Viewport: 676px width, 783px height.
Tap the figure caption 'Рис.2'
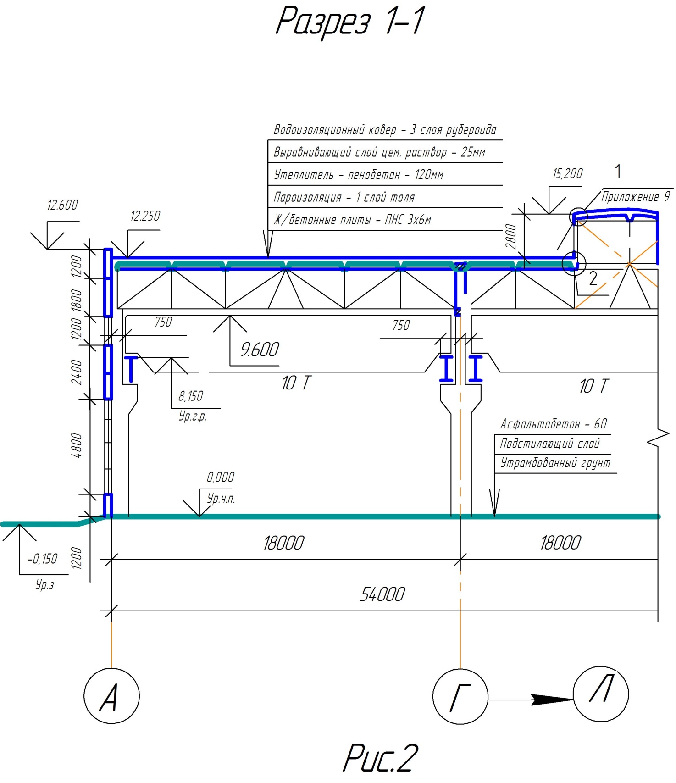[x=380, y=758]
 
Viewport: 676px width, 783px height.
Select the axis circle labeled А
[x=111, y=696]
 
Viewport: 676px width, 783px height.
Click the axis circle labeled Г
[x=460, y=696]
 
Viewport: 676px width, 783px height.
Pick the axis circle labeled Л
[x=601, y=694]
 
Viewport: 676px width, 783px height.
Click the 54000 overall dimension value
[x=382, y=594]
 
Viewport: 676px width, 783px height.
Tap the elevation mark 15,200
[x=567, y=174]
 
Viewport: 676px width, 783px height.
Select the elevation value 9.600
[x=260, y=350]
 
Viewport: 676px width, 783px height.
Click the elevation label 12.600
[x=62, y=205]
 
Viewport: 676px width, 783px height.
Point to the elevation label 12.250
[x=145, y=216]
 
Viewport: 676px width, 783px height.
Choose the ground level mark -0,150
[x=43, y=559]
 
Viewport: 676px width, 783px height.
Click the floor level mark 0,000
[x=221, y=478]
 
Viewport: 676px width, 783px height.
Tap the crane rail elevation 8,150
[x=191, y=396]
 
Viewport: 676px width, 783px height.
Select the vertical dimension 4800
[x=77, y=445]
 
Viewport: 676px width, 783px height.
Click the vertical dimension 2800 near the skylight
[x=511, y=237]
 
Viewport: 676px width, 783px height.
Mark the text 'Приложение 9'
[x=636, y=197]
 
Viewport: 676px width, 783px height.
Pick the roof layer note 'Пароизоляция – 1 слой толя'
[x=344, y=198]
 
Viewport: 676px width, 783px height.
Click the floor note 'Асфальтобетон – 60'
[x=554, y=424]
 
